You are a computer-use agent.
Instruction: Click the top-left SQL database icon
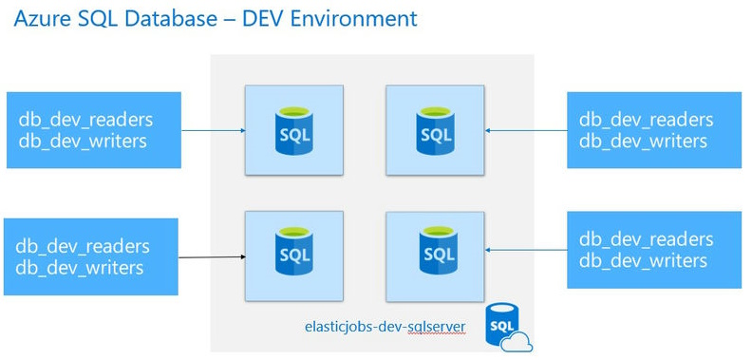(x=293, y=129)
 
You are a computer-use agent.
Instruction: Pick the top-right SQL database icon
(x=436, y=129)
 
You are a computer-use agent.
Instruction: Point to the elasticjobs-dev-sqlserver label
(x=385, y=327)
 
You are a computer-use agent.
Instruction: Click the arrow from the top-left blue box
(x=213, y=130)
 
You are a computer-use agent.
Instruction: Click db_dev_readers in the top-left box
(x=85, y=121)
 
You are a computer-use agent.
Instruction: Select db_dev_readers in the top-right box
(x=646, y=121)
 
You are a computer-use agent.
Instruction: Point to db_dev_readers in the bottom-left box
(x=83, y=247)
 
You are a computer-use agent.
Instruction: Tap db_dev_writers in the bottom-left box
(x=80, y=268)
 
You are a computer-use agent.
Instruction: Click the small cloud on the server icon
(x=519, y=341)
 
